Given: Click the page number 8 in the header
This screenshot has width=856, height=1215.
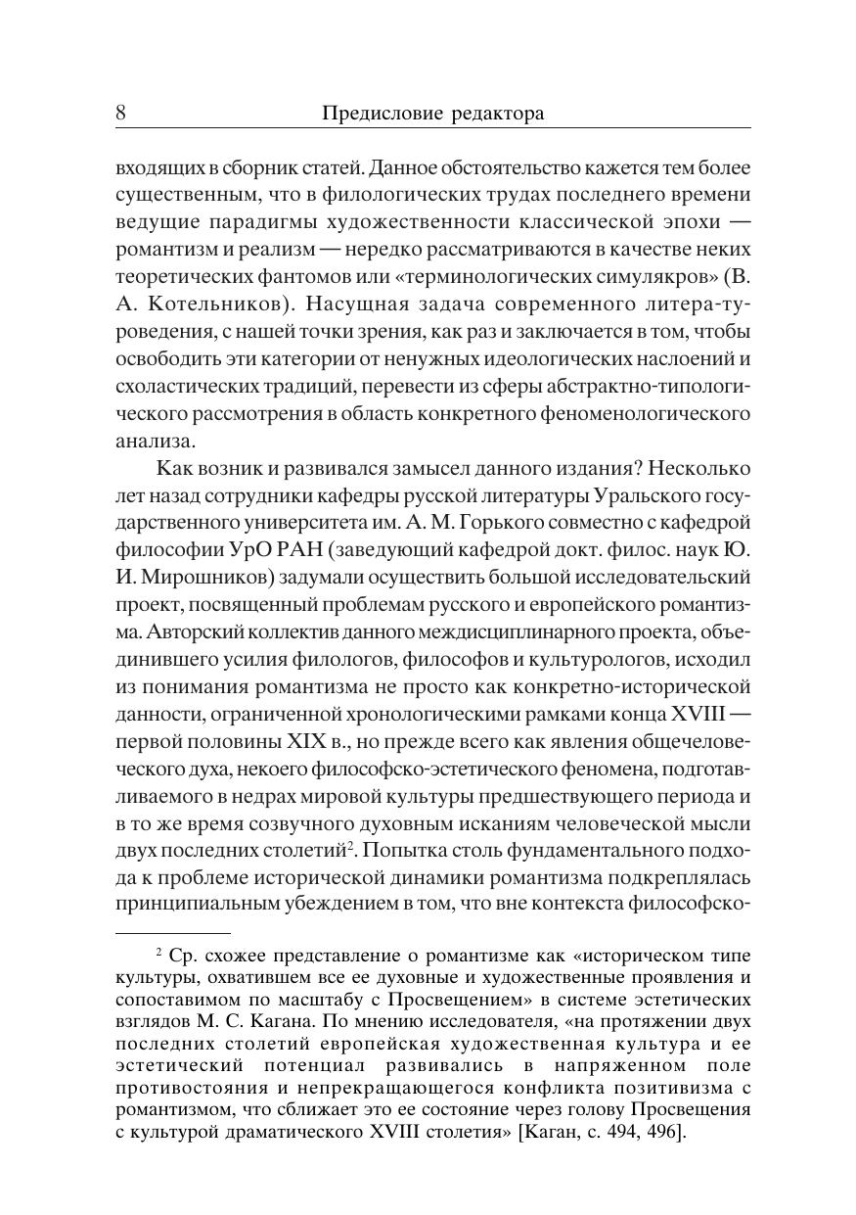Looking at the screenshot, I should [x=120, y=114].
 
